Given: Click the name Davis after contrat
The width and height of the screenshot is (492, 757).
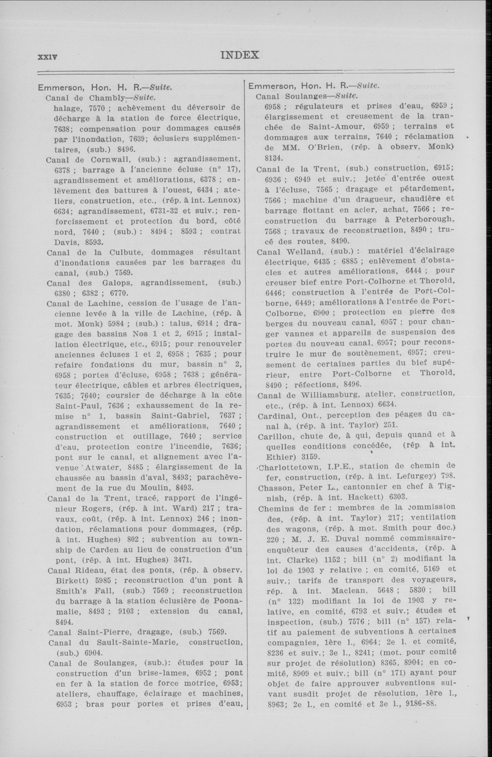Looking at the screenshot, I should [x=68, y=242].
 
